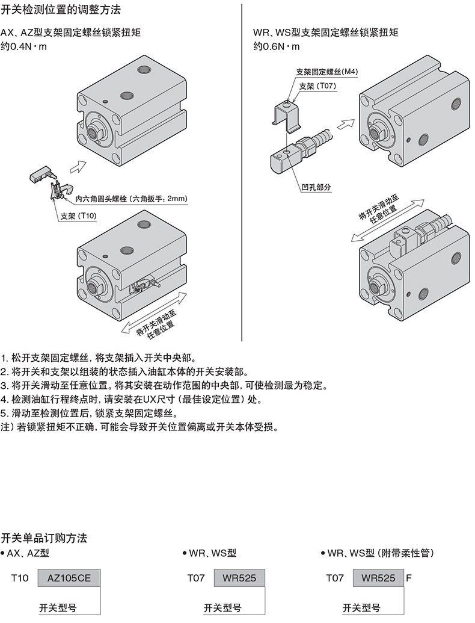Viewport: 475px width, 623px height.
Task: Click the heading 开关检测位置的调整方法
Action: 60,10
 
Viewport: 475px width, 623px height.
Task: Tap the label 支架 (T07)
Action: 317,86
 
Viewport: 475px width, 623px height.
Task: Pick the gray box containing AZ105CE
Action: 69,578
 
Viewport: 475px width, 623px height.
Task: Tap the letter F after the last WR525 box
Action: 409,578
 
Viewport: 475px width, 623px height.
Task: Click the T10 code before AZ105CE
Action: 20,578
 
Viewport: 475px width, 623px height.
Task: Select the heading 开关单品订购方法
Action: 44,537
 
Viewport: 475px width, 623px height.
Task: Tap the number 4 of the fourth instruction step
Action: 4,399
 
